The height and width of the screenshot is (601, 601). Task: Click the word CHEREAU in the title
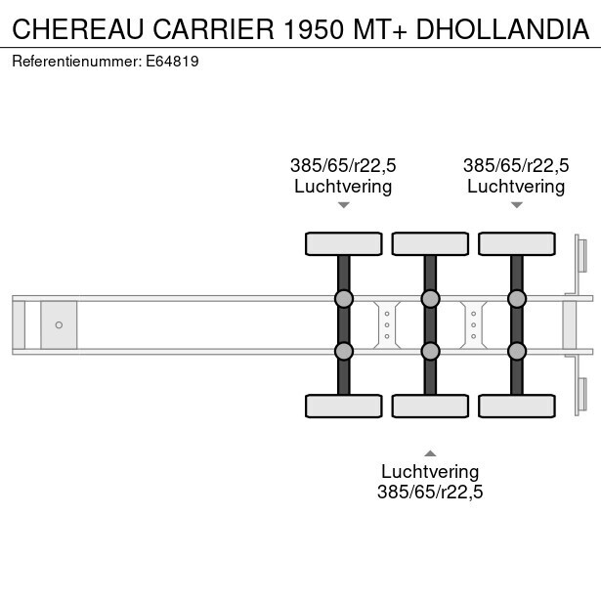(x=78, y=28)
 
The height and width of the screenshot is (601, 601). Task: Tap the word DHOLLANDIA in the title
(x=502, y=28)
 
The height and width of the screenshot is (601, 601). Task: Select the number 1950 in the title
(x=313, y=28)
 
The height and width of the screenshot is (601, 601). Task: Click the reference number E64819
(x=172, y=62)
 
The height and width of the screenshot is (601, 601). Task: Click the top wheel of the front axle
(x=344, y=243)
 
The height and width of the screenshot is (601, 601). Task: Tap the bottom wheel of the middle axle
(x=430, y=406)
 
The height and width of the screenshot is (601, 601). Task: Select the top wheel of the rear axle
(x=517, y=243)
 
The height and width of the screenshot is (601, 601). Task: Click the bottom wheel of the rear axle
(x=517, y=406)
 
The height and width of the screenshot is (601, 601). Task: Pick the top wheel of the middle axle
(x=430, y=243)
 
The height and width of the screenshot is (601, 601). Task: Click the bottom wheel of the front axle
(x=344, y=406)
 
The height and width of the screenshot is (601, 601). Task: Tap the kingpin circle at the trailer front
(x=59, y=325)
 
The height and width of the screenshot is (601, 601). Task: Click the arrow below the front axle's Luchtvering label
(x=344, y=205)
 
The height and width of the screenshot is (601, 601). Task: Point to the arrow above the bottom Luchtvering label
(x=430, y=453)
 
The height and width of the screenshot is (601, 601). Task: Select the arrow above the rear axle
(x=517, y=205)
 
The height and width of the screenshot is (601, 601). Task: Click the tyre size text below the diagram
(x=430, y=492)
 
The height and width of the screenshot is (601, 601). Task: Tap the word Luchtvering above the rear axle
(x=516, y=187)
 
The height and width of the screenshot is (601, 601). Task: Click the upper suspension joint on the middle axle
(x=430, y=299)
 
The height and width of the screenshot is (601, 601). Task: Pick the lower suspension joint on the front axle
(x=344, y=351)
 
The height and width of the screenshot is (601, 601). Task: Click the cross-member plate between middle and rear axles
(x=474, y=325)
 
